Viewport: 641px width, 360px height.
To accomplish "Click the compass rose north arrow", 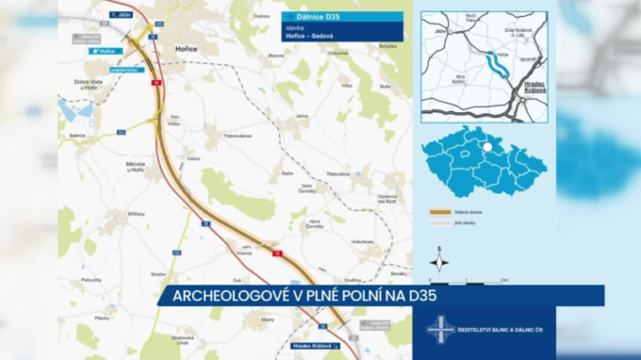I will click(438, 262).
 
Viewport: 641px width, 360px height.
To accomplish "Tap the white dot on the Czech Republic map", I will click(487, 146).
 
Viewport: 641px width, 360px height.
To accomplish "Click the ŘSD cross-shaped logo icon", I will click(441, 330).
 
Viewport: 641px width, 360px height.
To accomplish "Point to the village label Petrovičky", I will click(91, 280).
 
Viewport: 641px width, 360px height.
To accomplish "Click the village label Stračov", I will click(158, 274).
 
